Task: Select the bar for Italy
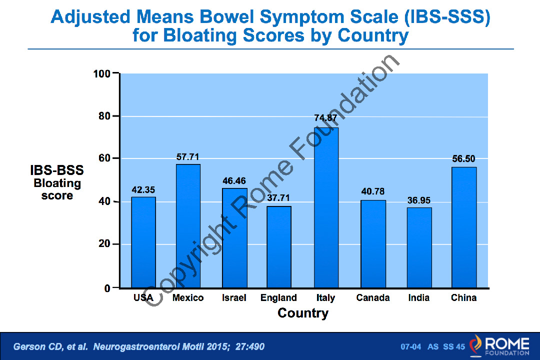click(326, 207)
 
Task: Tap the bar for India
click(419, 247)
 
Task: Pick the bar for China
click(464, 227)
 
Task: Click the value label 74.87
click(325, 118)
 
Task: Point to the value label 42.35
click(143, 190)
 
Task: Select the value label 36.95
click(418, 200)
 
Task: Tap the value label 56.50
click(463, 159)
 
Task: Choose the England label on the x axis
click(278, 298)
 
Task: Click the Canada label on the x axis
click(373, 298)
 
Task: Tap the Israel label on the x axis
click(234, 298)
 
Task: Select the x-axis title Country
click(303, 313)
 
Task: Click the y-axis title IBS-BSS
click(57, 170)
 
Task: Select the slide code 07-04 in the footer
click(411, 346)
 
